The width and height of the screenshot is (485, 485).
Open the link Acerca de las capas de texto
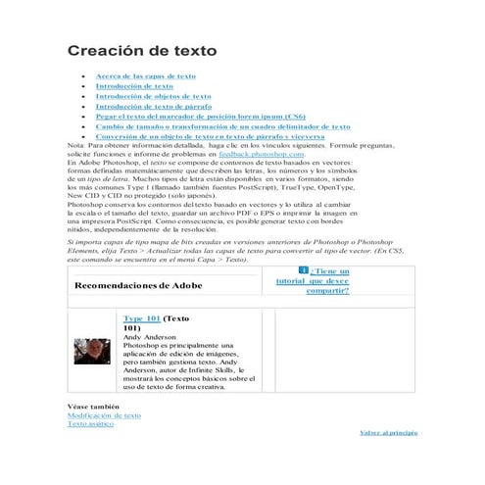coord(145,75)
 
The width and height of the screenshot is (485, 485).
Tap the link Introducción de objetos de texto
coord(153,96)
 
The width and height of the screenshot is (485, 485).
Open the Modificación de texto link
coord(104,414)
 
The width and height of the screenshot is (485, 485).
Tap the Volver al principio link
coord(388,431)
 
